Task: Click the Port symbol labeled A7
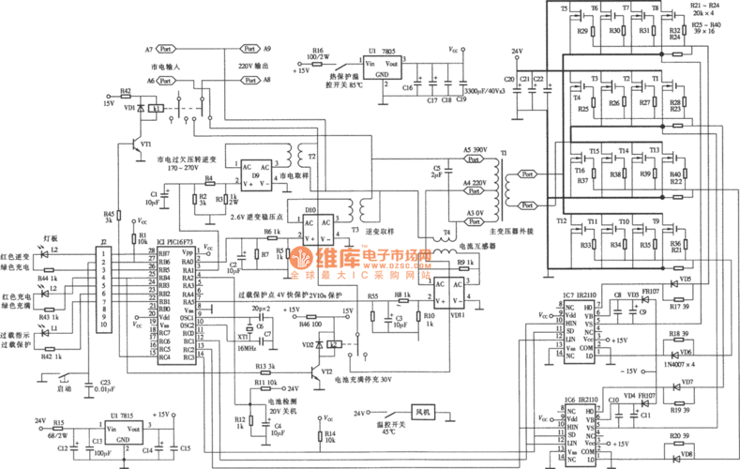[165, 48]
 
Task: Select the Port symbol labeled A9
[249, 48]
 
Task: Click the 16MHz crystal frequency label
[242, 346]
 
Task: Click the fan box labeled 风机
[421, 413]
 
